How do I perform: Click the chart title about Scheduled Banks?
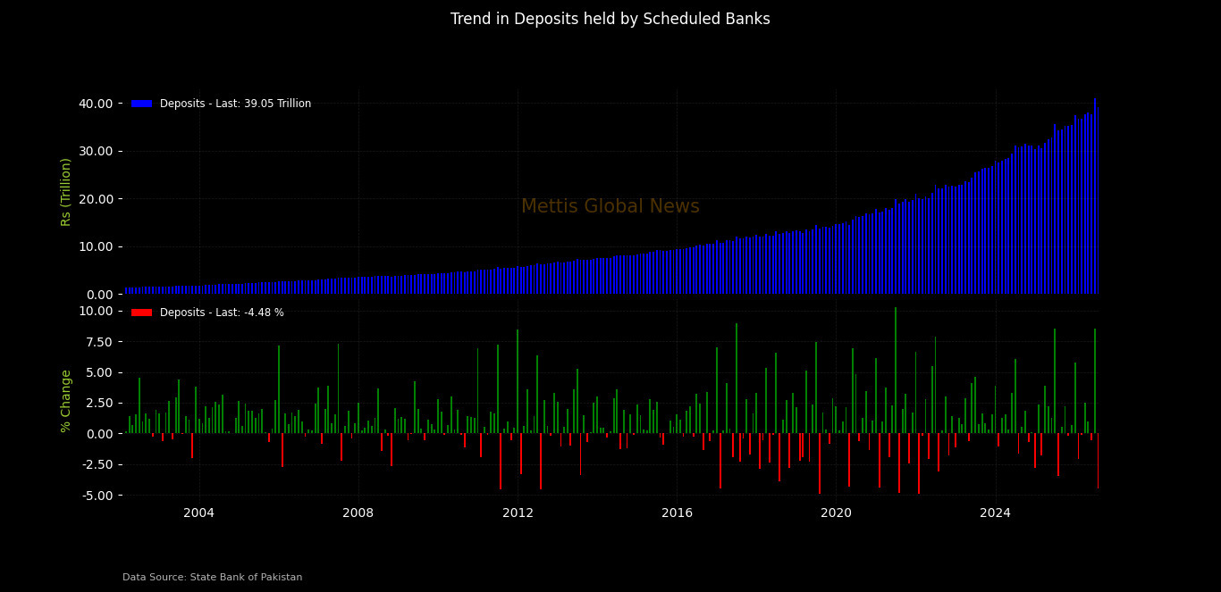pos(610,19)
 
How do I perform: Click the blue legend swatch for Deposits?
pos(142,104)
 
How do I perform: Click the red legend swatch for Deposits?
pos(142,313)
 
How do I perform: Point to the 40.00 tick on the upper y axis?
pos(96,104)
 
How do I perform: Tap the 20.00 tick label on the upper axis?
pos(96,199)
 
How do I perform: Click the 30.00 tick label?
pos(96,152)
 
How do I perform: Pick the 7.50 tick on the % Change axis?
pos(100,342)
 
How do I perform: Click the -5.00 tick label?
pos(98,496)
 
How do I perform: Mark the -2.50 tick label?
pos(98,465)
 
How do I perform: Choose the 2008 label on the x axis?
pos(358,513)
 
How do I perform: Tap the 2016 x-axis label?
pos(677,513)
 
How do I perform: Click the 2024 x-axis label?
pos(996,513)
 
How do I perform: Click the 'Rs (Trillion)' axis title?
pos(65,192)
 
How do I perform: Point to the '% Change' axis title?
pos(65,402)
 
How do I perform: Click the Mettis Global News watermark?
pos(610,206)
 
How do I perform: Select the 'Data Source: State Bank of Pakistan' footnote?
pos(212,578)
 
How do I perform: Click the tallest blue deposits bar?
pos(1095,196)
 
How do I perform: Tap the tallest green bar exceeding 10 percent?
pos(896,371)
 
